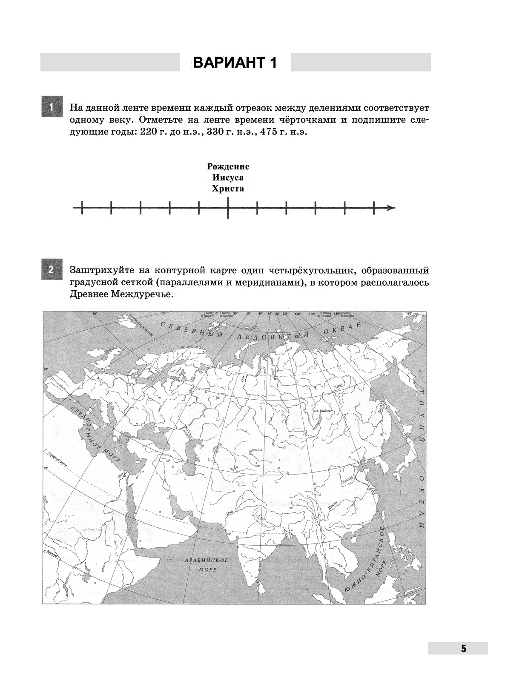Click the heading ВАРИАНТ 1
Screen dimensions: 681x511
coord(235,63)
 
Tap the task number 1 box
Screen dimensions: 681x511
coord(51,107)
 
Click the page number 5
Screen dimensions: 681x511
coord(463,649)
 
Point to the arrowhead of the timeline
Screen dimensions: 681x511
coord(392,208)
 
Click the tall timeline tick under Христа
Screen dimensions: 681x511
coord(228,208)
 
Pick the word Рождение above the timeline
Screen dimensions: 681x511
coord(228,166)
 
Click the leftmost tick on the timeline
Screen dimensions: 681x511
coord(81,208)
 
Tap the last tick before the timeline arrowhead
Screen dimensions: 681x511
coord(373,208)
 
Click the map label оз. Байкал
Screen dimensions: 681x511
coord(322,411)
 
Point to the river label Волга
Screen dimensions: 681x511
coord(186,433)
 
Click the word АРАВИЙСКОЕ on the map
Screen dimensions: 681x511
coord(207,560)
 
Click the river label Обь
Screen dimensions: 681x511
coord(244,378)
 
